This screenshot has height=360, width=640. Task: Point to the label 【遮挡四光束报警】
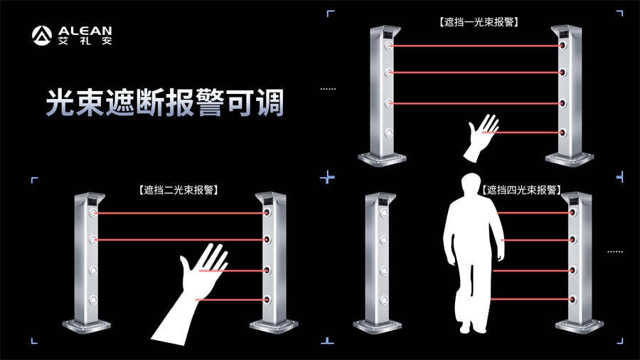[x=521, y=191]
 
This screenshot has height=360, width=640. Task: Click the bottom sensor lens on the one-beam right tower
[x=562, y=132]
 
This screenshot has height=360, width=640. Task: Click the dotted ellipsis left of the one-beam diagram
[x=328, y=89]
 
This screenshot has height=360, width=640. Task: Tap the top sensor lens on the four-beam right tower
[x=572, y=212]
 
